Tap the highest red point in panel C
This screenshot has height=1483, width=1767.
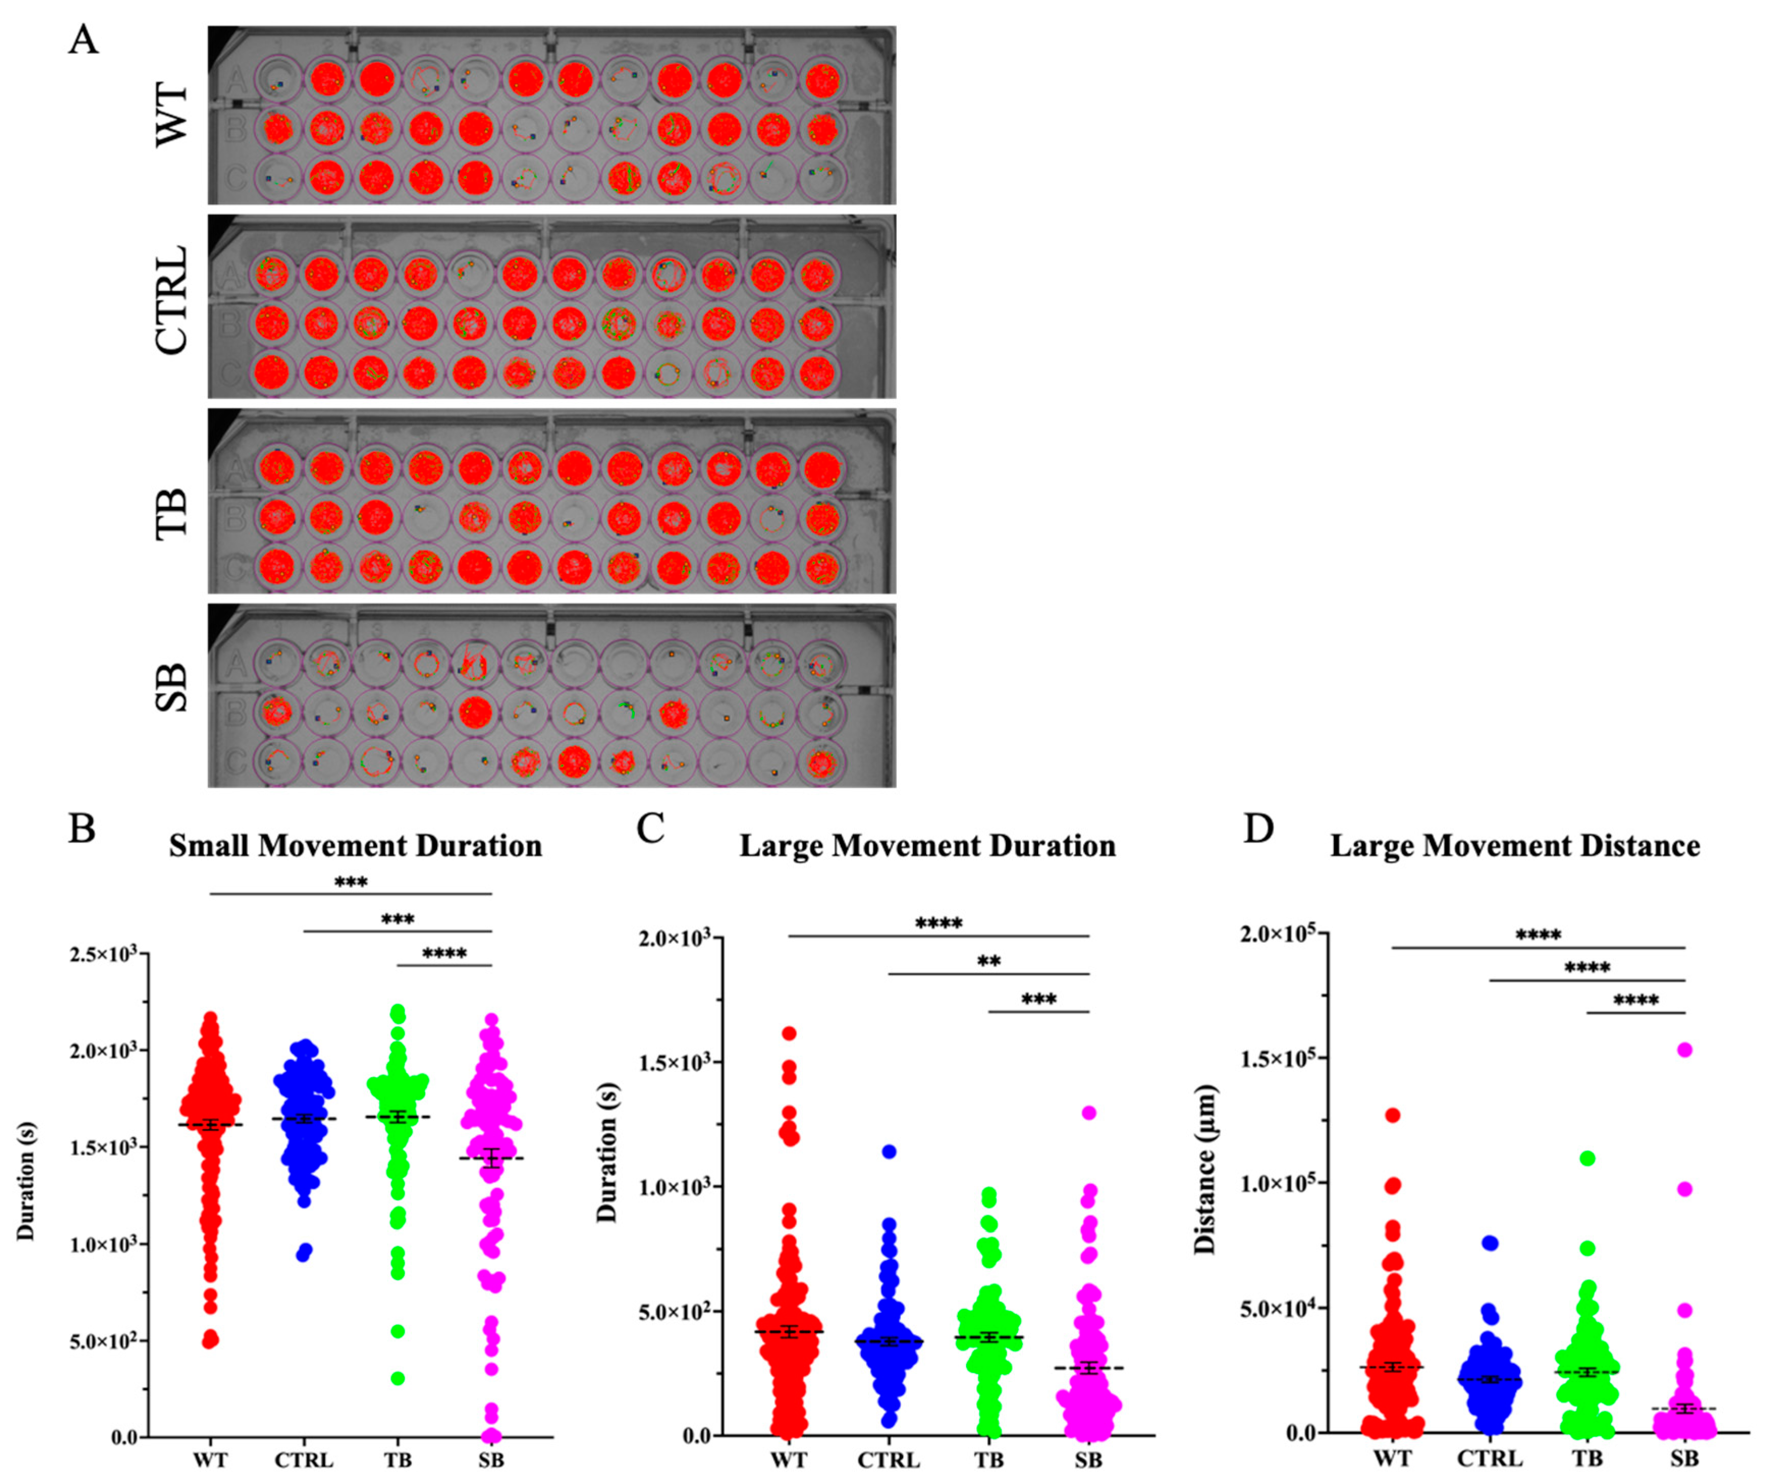[789, 1033]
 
